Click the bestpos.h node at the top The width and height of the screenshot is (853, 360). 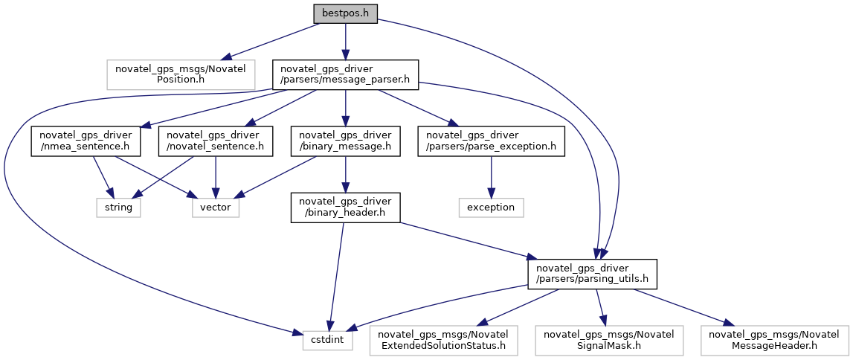345,14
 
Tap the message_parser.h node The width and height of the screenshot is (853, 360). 345,74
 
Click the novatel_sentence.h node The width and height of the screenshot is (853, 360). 216,141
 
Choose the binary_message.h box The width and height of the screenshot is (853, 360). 345,141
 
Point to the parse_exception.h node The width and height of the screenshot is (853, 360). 492,141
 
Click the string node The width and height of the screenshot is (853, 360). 118,208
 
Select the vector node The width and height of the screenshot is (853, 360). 216,208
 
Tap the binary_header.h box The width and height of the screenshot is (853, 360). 345,208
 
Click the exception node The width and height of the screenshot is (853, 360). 492,208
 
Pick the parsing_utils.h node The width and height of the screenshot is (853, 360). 592,274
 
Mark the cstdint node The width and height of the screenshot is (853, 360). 328,341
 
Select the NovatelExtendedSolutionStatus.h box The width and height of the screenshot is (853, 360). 443,341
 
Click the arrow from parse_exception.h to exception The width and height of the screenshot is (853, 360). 492,177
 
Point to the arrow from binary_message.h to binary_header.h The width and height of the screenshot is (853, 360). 345,175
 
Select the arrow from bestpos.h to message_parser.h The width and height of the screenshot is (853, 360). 345,42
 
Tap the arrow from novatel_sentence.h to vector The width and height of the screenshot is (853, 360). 216,177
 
